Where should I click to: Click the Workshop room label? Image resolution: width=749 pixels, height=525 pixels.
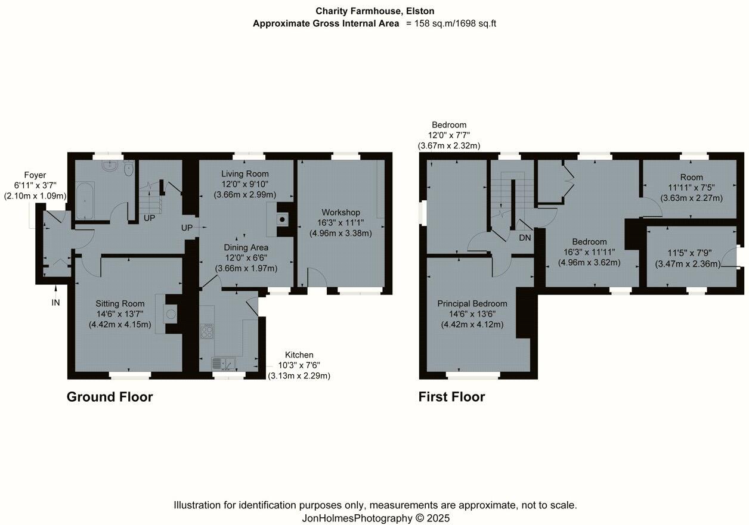pyautogui.click(x=341, y=213)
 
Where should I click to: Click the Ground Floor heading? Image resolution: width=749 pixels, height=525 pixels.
pyautogui.click(x=110, y=397)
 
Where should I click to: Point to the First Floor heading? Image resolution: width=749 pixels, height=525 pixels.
pyautogui.click(x=451, y=397)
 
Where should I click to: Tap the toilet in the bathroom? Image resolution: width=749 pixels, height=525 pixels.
pyautogui.click(x=128, y=170)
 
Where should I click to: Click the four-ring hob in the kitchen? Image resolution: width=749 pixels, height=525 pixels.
pyautogui.click(x=208, y=331)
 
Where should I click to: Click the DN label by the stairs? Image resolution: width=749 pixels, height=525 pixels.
pyautogui.click(x=525, y=237)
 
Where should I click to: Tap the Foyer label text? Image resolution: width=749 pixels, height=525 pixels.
pyautogui.click(x=35, y=176)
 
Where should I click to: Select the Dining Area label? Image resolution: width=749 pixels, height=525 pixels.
pyautogui.click(x=246, y=247)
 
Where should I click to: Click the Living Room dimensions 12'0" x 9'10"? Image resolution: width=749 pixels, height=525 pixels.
pyautogui.click(x=244, y=184)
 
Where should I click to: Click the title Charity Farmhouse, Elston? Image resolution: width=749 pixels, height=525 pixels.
pyautogui.click(x=374, y=11)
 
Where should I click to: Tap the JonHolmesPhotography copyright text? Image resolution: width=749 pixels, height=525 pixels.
pyautogui.click(x=376, y=518)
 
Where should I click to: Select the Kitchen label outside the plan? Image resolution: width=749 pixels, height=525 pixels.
pyautogui.click(x=299, y=355)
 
